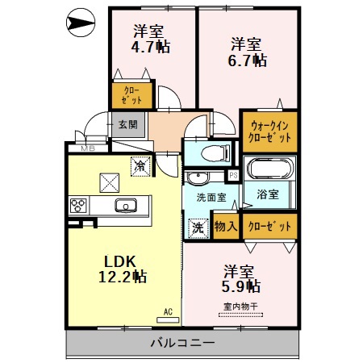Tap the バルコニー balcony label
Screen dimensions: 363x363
tap(182, 344)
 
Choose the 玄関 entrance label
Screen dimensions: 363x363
tap(127, 124)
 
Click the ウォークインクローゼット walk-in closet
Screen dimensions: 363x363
tap(269, 131)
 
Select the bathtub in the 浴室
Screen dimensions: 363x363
tap(269, 170)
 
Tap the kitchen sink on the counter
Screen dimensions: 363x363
tap(127, 205)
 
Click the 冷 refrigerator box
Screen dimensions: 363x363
tap(141, 166)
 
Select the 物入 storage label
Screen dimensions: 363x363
tap(225, 227)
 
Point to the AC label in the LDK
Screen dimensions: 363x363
tap(169, 311)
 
